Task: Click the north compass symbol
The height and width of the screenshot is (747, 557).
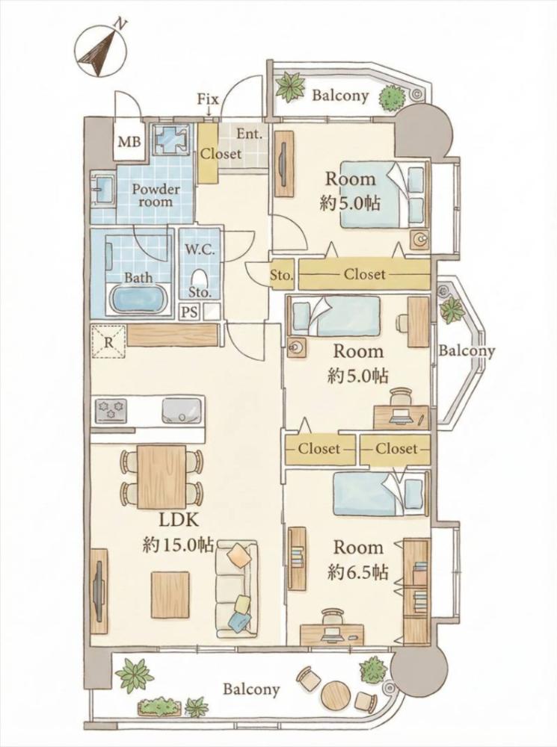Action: tap(102, 49)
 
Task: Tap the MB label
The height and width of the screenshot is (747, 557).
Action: tap(129, 142)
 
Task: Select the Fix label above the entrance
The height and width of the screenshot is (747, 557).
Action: tap(208, 99)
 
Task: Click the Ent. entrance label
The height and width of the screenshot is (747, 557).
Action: tap(250, 134)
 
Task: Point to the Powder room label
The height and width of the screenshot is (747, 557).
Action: tap(156, 195)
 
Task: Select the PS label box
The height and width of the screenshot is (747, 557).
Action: tap(189, 312)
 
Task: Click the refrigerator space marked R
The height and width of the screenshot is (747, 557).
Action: tap(108, 341)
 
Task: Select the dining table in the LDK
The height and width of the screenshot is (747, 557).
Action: tap(161, 477)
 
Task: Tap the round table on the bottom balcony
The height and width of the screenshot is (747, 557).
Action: tap(336, 698)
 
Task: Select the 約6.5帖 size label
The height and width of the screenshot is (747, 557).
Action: tap(357, 571)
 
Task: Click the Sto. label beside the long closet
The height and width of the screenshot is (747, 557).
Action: tap(281, 275)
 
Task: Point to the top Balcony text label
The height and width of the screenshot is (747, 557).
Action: tap(340, 96)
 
